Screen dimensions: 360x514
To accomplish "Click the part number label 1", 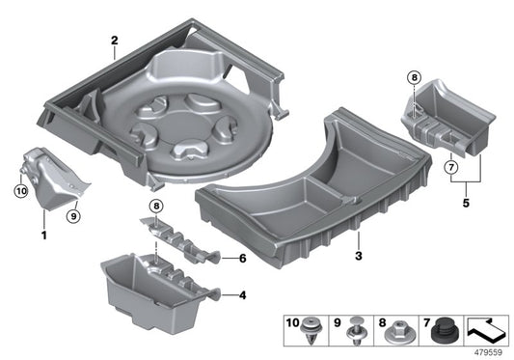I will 43,235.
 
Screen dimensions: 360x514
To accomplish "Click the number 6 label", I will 243,258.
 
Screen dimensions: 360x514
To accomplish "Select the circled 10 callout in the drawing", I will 19,191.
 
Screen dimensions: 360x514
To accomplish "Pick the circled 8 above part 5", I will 414,79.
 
